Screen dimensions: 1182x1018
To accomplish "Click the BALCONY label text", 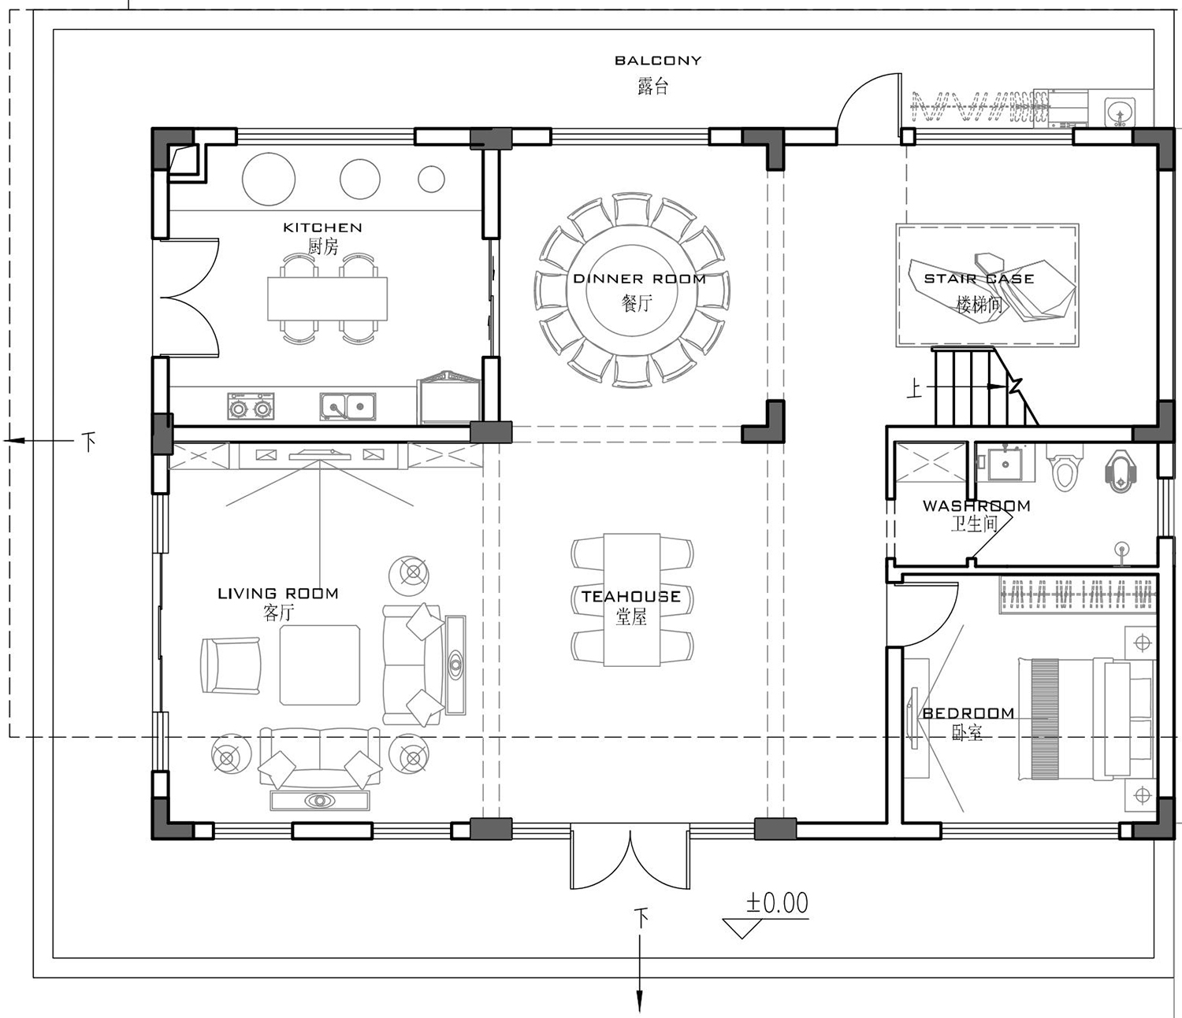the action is click(x=658, y=61).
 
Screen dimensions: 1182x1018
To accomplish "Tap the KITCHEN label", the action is click(x=322, y=228).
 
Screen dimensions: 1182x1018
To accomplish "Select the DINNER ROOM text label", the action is click(x=639, y=279).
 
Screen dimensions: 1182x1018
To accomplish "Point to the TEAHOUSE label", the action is click(x=630, y=597).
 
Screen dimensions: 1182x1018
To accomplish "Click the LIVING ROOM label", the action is click(x=278, y=594).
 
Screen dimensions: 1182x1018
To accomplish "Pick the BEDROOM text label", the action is click(x=968, y=713).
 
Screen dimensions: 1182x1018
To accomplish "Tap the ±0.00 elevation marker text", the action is click(x=777, y=903).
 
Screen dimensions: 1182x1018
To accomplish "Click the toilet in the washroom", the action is click(x=1065, y=468).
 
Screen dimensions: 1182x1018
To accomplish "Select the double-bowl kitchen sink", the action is click(x=348, y=407).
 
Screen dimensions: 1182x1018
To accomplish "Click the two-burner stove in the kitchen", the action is click(x=251, y=406).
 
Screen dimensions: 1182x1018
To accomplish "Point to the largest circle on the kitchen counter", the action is click(x=269, y=179).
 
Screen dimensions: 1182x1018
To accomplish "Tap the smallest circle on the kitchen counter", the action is click(x=431, y=179).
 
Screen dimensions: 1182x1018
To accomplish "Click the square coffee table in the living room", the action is click(x=320, y=665).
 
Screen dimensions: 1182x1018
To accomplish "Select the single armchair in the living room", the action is click(x=231, y=665).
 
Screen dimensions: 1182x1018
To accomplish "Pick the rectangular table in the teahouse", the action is click(x=632, y=600).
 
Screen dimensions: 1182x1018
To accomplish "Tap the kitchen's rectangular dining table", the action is click(x=327, y=298).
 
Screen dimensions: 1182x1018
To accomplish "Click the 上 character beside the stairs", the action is click(x=914, y=389).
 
